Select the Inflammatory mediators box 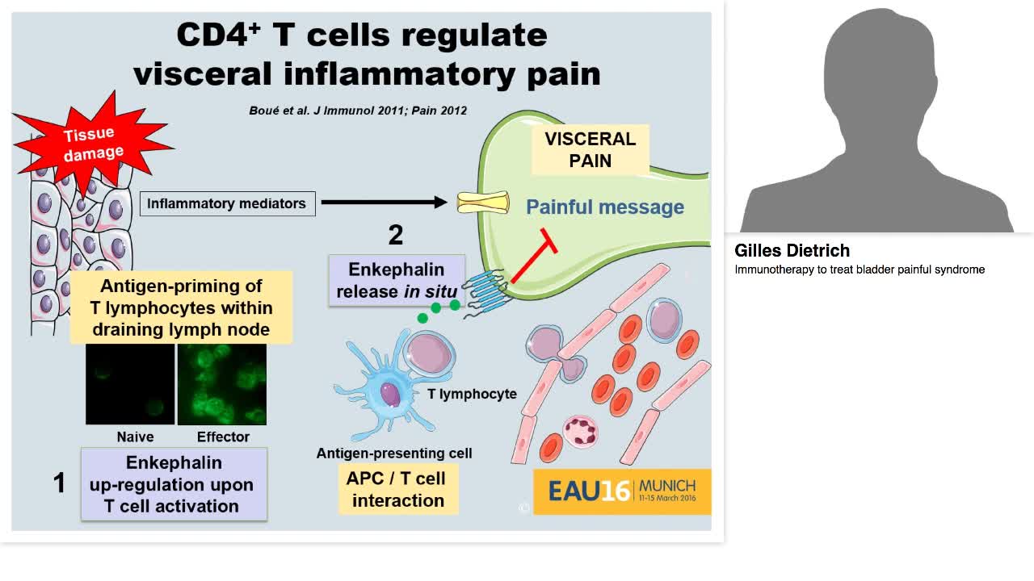tap(226, 203)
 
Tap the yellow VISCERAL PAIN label tap(590, 149)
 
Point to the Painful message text tap(605, 207)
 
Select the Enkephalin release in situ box tap(397, 280)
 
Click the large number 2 tap(395, 235)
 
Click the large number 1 tap(59, 483)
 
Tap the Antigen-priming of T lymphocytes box tap(181, 307)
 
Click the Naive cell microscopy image tap(130, 385)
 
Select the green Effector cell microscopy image tap(222, 385)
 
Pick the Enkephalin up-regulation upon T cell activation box tap(174, 484)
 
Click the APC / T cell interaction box tap(398, 489)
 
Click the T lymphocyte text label tap(472, 394)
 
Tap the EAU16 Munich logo tap(622, 491)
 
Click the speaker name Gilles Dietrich tap(792, 251)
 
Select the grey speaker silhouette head tap(876, 73)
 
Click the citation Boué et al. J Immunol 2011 tap(358, 111)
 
